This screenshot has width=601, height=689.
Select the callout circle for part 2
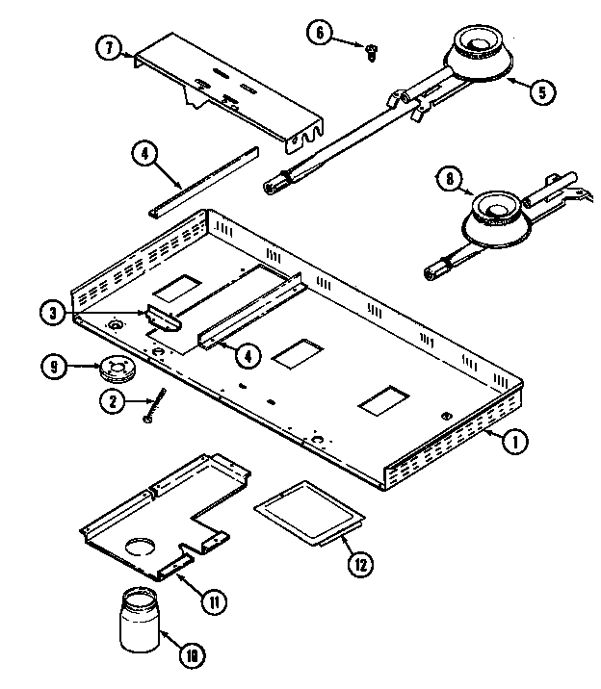point(114,403)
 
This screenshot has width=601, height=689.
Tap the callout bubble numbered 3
point(53,313)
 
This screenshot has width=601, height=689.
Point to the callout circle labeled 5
point(542,91)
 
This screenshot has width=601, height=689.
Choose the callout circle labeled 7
point(109,45)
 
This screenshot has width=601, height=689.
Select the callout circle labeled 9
point(54,367)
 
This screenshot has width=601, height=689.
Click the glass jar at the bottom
point(139,622)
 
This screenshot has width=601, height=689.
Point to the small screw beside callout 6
point(371,55)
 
